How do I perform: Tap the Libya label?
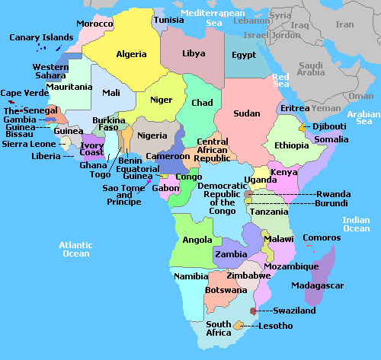tap(194, 54)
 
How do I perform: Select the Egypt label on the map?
tap(244, 56)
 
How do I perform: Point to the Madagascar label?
tap(318, 285)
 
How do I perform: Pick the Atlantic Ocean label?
tap(75, 249)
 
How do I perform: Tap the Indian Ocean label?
tap(356, 224)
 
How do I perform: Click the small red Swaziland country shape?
tap(253, 312)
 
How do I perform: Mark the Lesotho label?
tap(275, 326)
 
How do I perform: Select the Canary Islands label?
tap(41, 37)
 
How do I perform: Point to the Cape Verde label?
tap(21, 93)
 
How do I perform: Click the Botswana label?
tap(226, 290)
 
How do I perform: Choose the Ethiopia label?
tap(292, 145)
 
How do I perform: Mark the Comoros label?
tap(322, 237)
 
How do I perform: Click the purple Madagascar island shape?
tap(325, 266)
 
